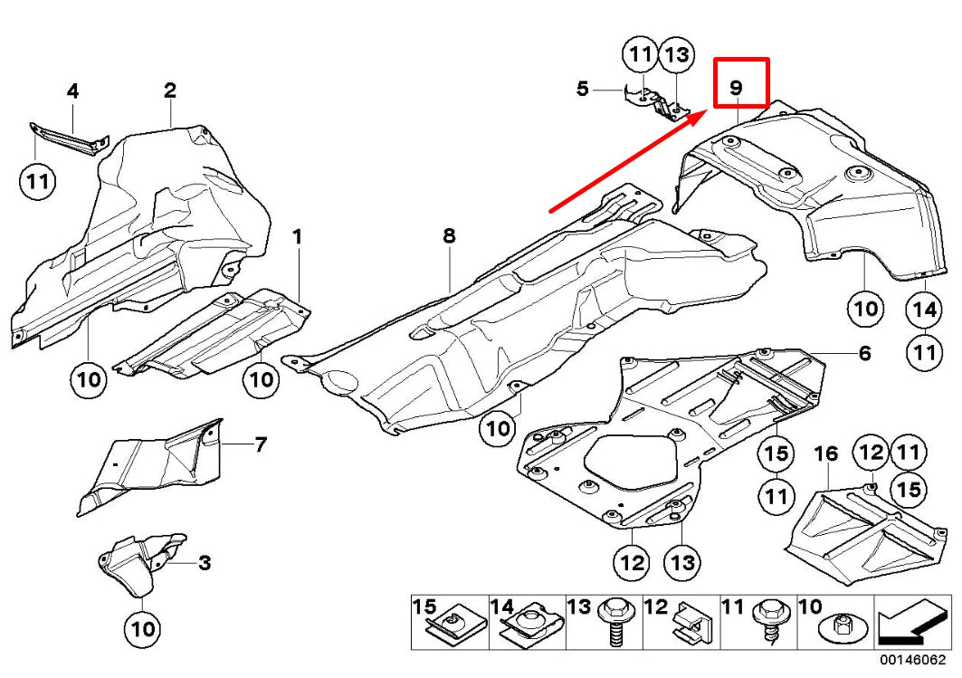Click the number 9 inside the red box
736,88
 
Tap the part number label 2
169,90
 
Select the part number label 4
72,91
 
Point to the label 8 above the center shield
449,236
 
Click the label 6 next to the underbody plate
864,353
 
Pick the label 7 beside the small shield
260,444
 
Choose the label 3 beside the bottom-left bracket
205,563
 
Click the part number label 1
296,237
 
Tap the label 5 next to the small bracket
583,89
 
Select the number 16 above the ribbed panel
827,453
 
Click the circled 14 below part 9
924,310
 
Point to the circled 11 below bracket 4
37,183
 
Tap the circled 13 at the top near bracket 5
677,56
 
